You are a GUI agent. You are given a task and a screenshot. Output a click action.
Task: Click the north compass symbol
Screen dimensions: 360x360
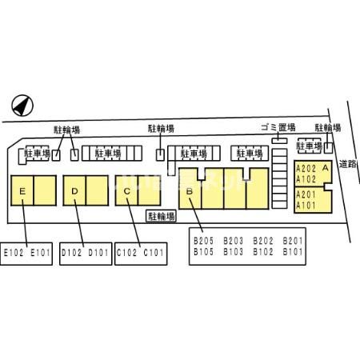[x=22, y=106]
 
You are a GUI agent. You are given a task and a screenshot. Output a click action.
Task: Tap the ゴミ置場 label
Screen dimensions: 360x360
[x=278, y=127]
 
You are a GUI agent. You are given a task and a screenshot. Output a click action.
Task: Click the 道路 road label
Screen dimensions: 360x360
[x=348, y=164]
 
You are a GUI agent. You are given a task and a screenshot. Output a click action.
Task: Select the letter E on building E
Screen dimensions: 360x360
[x=22, y=191]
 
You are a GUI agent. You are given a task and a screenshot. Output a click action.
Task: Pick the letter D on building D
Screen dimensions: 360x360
[x=74, y=191]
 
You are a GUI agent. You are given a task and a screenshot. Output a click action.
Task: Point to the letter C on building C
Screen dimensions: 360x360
[x=127, y=191]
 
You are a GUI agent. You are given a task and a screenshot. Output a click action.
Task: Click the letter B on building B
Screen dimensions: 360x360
[x=190, y=191]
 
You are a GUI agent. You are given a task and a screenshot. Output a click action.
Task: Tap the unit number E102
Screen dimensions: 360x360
[x=14, y=252]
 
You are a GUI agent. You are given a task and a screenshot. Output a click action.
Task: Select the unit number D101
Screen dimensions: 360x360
[x=98, y=252]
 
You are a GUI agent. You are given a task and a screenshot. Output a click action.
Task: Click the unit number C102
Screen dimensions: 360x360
[x=126, y=252]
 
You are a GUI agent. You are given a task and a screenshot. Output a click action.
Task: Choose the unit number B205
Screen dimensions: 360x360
[x=203, y=241]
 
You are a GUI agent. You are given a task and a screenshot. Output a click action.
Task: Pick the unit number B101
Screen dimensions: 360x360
[x=293, y=251]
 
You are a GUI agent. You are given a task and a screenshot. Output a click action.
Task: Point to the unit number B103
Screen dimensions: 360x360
[x=233, y=251]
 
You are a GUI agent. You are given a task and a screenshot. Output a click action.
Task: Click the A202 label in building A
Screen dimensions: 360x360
[x=306, y=169]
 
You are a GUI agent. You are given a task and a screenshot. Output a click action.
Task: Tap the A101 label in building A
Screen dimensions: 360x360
[x=306, y=206]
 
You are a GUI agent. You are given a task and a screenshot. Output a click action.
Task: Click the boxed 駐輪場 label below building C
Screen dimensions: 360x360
[x=162, y=216]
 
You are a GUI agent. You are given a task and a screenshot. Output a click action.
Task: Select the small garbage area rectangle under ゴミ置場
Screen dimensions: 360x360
[x=279, y=140]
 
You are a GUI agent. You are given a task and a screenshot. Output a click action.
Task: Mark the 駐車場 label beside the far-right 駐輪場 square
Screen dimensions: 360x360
[x=310, y=146]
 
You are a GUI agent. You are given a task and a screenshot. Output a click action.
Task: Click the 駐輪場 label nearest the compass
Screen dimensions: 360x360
[x=67, y=130]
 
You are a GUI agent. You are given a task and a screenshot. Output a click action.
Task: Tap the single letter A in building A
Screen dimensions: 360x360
[x=326, y=168]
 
